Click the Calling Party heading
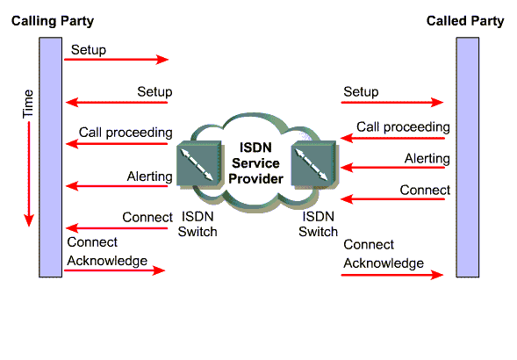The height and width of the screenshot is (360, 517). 53,21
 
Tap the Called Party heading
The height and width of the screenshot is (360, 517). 465,21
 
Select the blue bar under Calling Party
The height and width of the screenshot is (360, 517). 50,157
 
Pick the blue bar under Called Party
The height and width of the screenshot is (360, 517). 468,157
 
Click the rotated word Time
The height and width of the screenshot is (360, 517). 28,104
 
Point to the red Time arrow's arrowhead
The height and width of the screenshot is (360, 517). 29,220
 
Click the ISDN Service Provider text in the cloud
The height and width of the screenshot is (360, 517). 255,163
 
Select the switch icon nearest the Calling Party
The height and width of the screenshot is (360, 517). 199,165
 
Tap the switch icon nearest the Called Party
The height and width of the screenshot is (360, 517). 314,165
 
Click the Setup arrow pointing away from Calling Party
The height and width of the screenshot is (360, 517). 117,60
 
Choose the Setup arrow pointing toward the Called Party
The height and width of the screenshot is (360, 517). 392,102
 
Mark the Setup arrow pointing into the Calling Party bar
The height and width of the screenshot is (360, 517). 117,102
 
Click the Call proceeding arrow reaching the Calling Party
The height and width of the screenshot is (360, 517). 117,144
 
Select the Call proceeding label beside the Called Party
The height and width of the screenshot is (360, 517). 403,127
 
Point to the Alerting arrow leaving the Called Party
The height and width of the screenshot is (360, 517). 392,168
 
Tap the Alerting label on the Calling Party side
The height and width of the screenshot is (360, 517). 150,176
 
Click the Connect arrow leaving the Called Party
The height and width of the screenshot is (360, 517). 392,199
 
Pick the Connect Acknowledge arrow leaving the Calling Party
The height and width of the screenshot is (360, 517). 114,270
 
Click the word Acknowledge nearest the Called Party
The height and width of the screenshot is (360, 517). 384,263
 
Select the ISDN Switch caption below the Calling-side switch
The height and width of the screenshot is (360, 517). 197,224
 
